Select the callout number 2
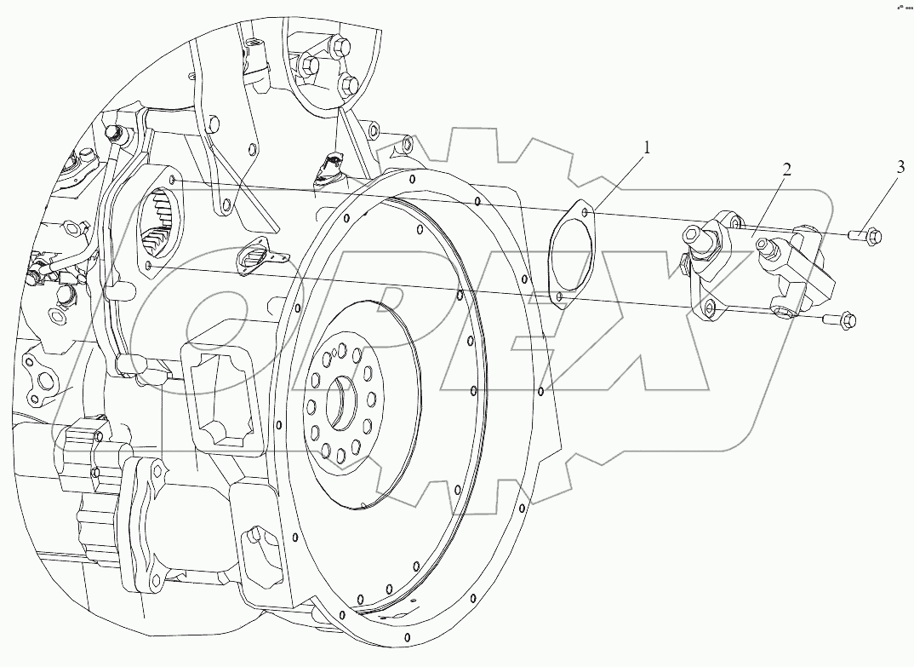coord(786,169)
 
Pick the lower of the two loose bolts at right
coord(847,320)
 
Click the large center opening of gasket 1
coord(568,254)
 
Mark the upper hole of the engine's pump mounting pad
coord(173,181)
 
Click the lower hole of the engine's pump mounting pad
coord(149,267)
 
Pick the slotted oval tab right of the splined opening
coord(259,252)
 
